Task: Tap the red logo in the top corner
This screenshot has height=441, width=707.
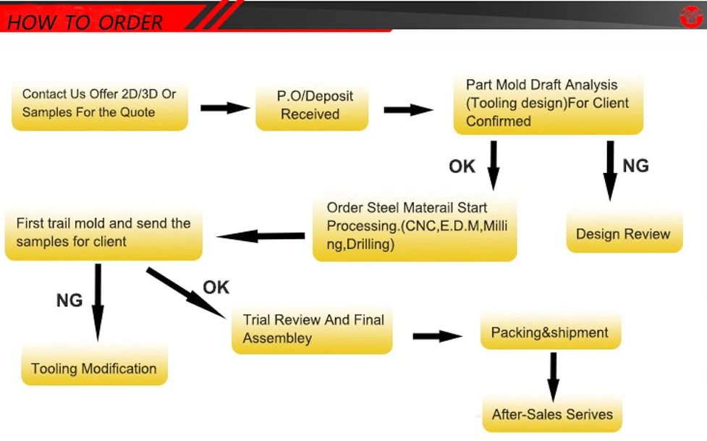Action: (x=691, y=15)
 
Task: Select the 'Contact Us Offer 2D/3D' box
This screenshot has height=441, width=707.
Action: (x=100, y=104)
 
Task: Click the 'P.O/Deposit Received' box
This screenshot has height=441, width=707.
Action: (x=311, y=105)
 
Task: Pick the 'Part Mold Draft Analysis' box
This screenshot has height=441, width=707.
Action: (x=548, y=103)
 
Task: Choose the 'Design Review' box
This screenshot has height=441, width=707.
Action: (x=624, y=233)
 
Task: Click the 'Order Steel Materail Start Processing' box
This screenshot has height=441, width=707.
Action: (x=415, y=227)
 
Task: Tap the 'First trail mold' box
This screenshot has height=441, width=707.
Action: (x=103, y=232)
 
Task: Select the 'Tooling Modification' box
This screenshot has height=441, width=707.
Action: (x=94, y=368)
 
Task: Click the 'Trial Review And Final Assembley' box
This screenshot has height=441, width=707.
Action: (x=313, y=329)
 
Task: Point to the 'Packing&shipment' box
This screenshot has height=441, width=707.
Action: (x=550, y=333)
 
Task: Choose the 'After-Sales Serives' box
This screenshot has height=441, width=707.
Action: (x=552, y=415)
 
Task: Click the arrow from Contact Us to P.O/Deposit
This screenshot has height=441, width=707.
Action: (x=224, y=108)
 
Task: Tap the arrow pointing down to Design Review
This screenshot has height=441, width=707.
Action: (x=610, y=170)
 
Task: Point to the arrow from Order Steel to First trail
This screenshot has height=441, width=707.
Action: (x=261, y=236)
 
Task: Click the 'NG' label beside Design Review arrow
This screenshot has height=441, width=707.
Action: (x=635, y=166)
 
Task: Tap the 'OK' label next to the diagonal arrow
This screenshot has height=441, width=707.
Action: (x=216, y=287)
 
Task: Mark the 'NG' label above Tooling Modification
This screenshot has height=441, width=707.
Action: (x=69, y=300)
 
